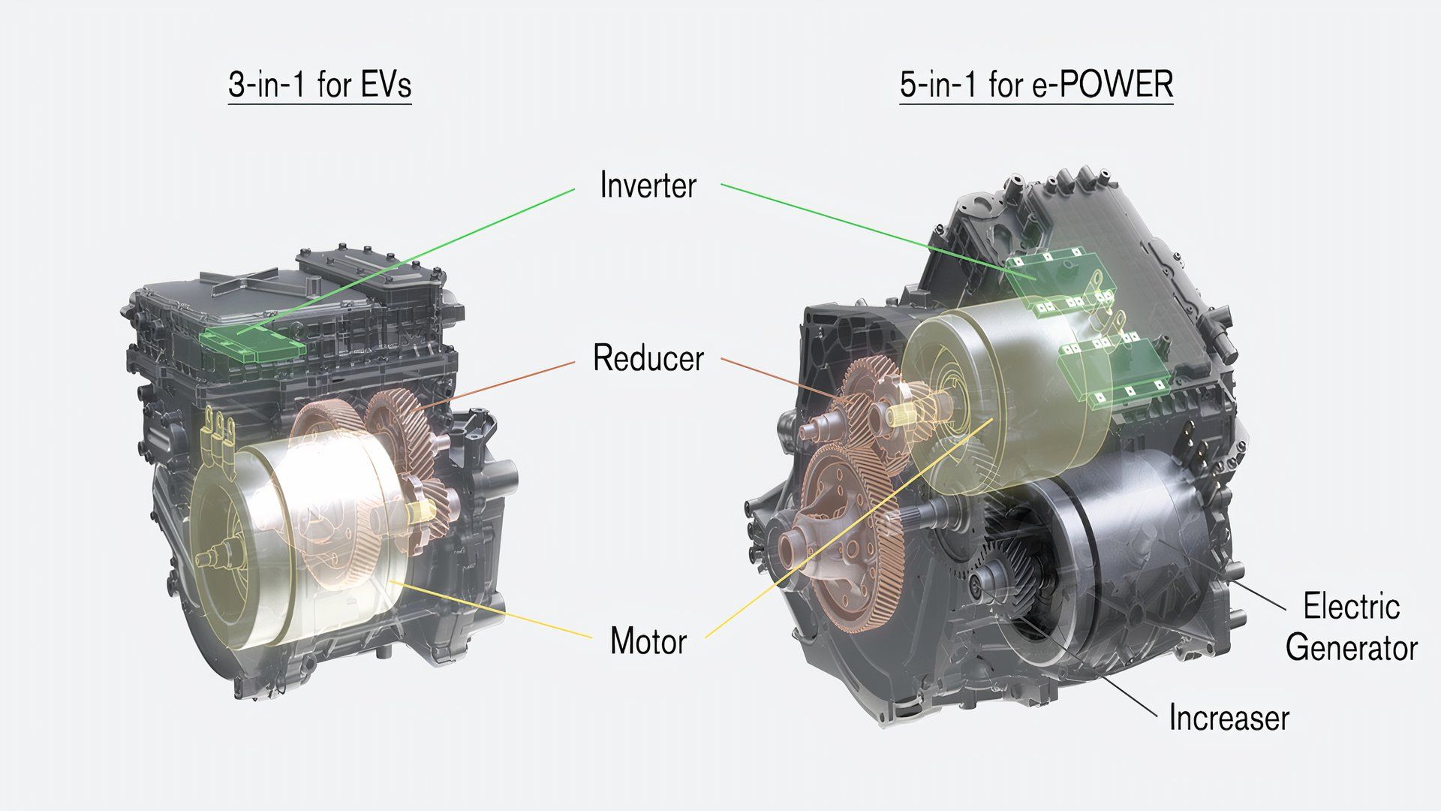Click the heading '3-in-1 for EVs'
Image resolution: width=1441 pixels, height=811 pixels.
point(320,85)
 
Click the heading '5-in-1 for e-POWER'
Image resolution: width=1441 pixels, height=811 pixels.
point(1036,85)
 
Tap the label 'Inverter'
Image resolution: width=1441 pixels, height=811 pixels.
point(648,185)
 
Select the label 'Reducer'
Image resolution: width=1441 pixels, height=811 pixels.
point(648,358)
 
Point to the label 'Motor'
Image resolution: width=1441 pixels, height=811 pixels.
point(648,641)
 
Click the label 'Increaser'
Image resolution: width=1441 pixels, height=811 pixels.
point(1229,718)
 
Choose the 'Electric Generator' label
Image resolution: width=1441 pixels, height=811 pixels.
point(1351,627)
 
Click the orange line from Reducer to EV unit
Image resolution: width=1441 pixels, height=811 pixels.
point(503,384)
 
